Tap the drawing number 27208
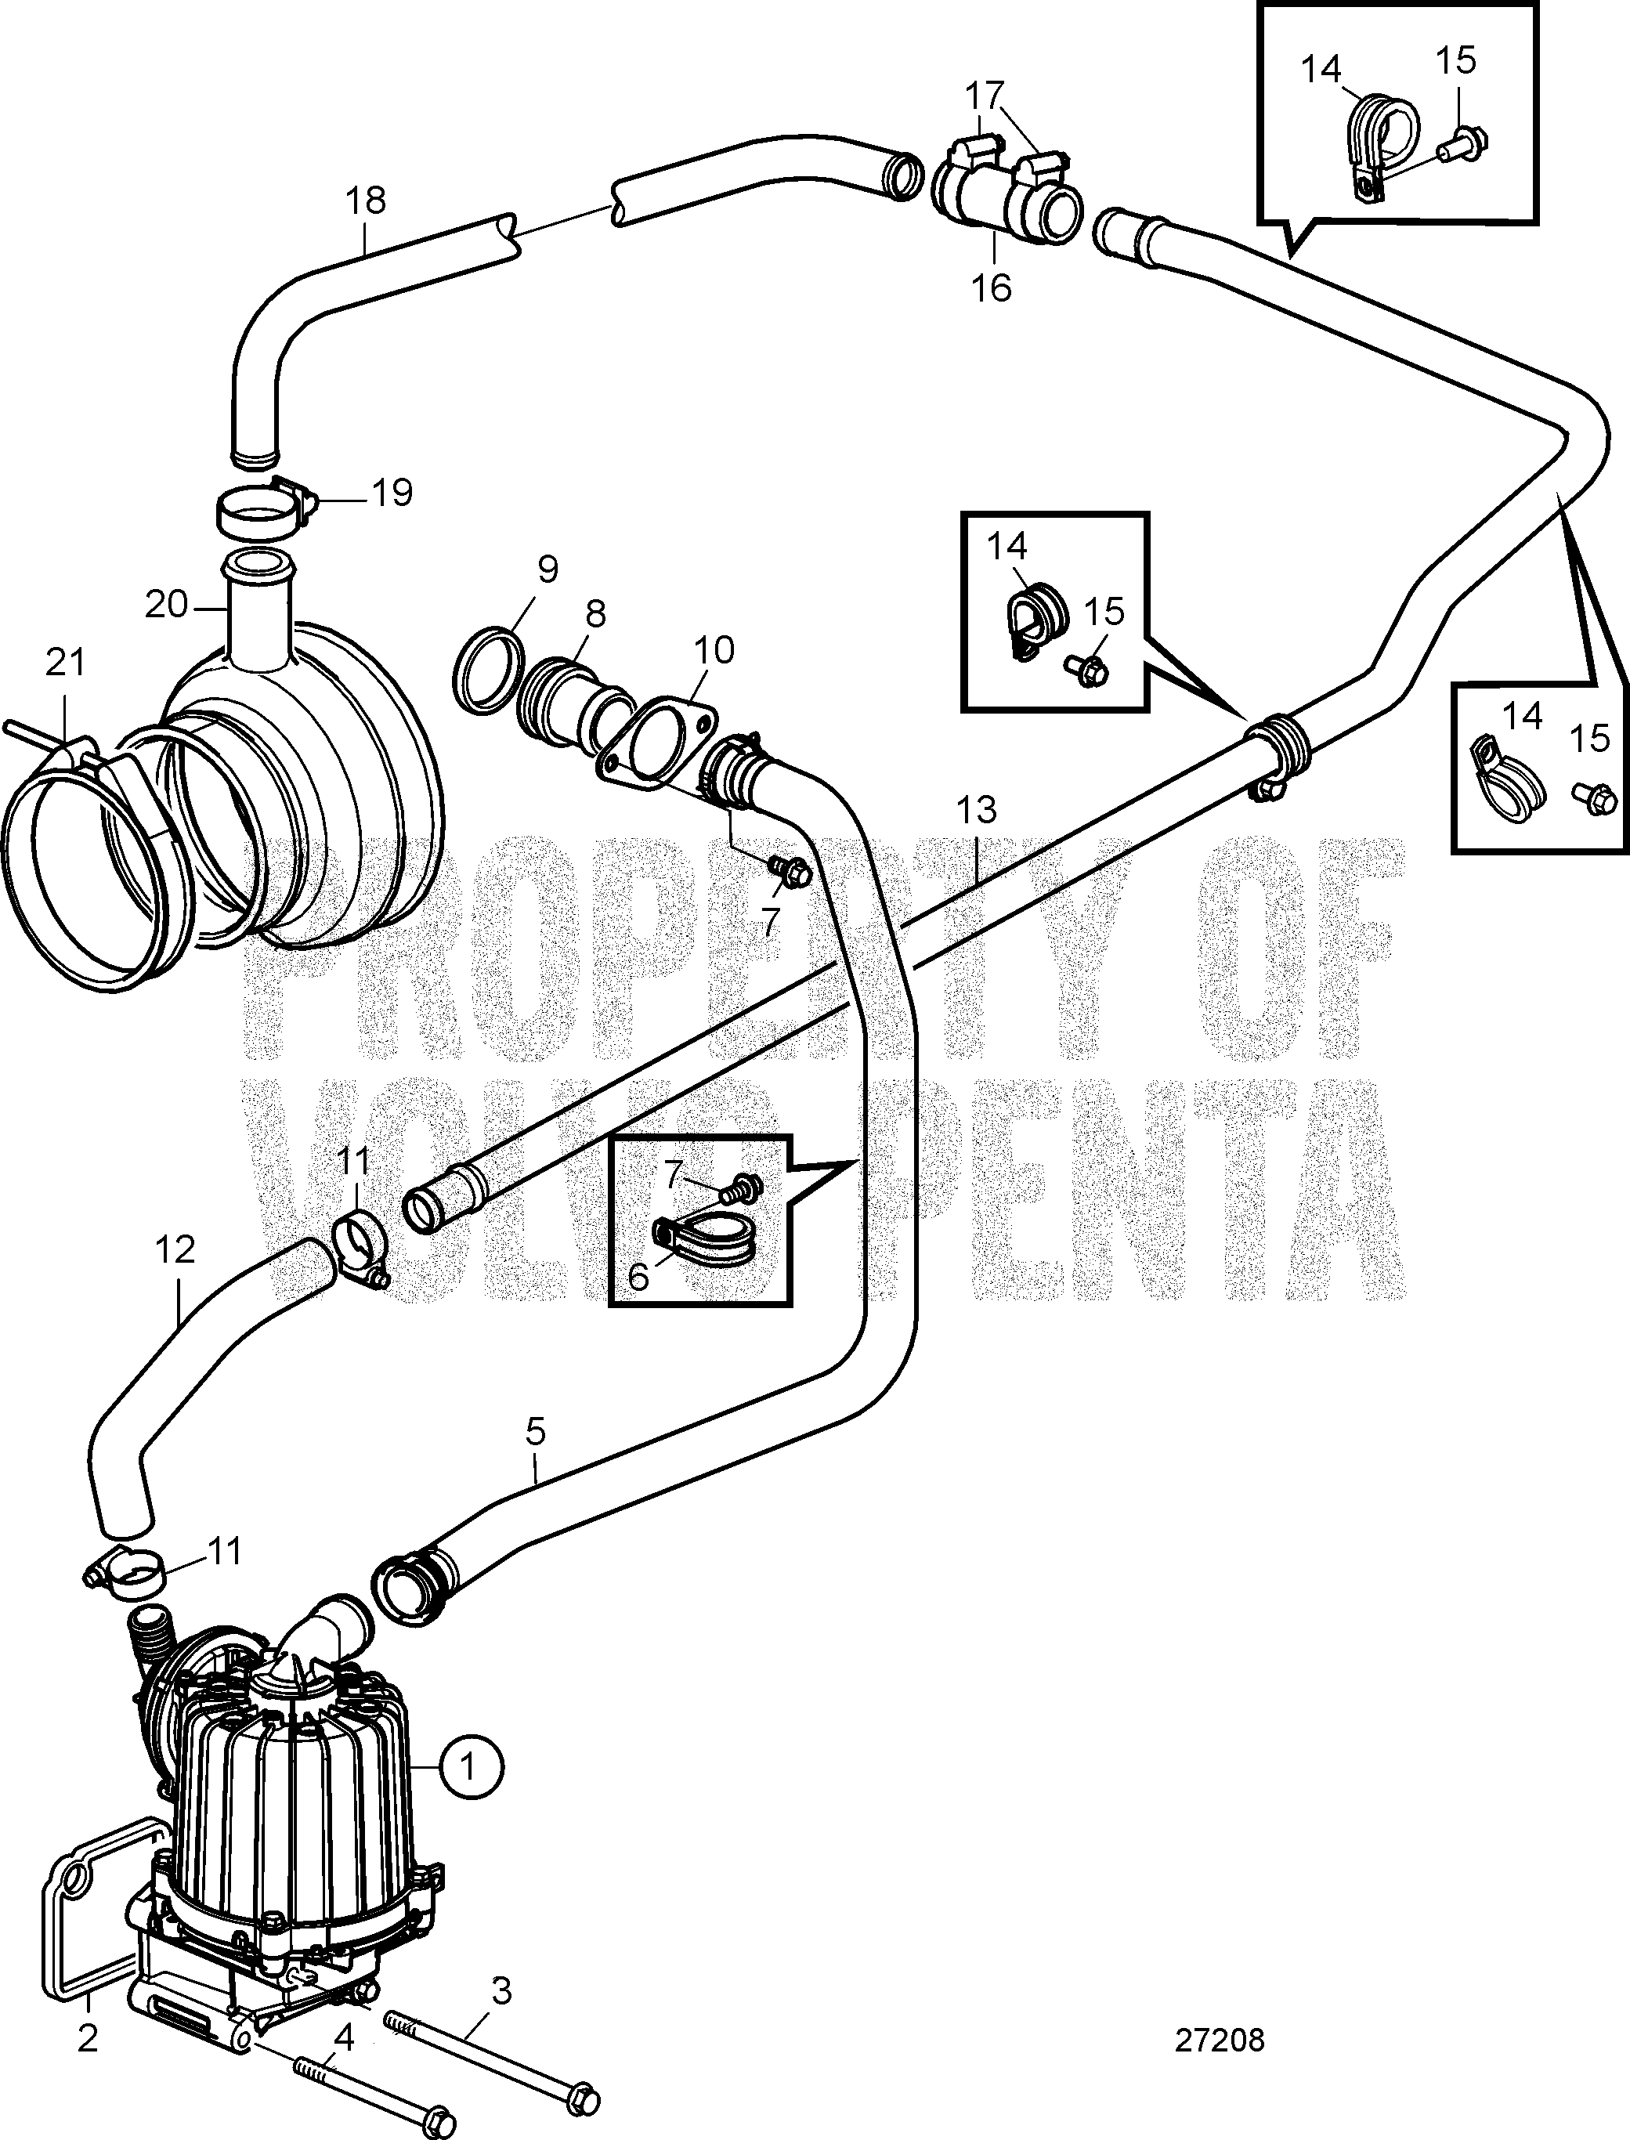coord(1220,2041)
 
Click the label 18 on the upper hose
coord(366,201)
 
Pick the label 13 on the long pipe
coord(976,810)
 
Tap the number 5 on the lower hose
coord(536,1431)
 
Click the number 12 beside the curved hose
coord(175,1249)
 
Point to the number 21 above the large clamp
coord(65,663)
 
